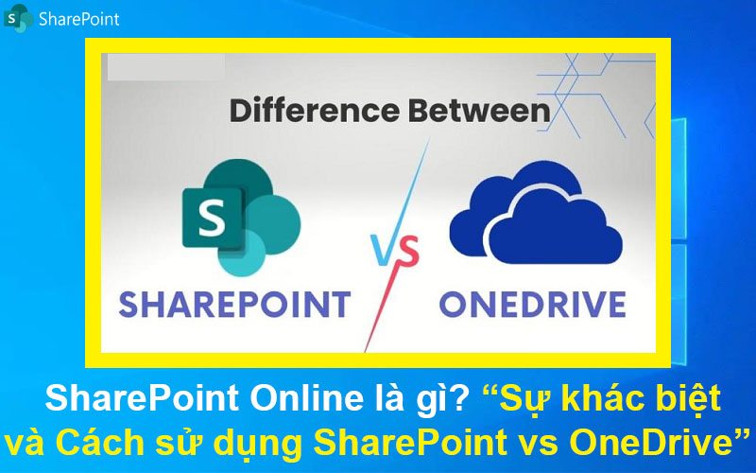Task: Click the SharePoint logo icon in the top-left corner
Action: coord(17,18)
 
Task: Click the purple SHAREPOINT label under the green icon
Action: coord(234,304)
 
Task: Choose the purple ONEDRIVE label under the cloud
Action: coord(532,304)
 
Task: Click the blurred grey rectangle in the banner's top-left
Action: coord(166,66)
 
